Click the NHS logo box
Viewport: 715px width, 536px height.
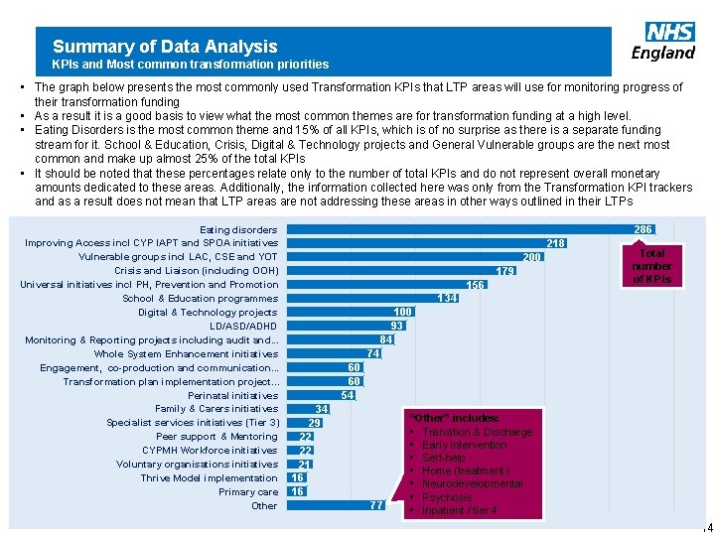coord(670,32)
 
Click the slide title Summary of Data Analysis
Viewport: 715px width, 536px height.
coord(165,46)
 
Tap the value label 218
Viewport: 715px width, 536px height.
coord(556,243)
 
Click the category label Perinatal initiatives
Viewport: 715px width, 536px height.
coord(232,395)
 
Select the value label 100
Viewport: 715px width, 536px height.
coord(402,312)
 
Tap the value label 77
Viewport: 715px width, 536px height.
coord(375,505)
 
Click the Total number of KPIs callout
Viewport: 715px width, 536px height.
coord(651,266)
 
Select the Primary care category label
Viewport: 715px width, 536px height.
coord(248,492)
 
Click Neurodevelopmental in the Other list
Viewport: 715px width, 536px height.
coord(472,483)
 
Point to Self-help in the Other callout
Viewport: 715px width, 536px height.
coord(443,458)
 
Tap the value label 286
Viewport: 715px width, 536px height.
coord(643,229)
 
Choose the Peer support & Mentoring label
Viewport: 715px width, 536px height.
coord(216,437)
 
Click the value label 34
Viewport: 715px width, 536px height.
coord(322,409)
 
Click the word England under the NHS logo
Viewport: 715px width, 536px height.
coord(663,53)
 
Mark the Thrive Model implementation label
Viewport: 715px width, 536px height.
coord(209,478)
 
